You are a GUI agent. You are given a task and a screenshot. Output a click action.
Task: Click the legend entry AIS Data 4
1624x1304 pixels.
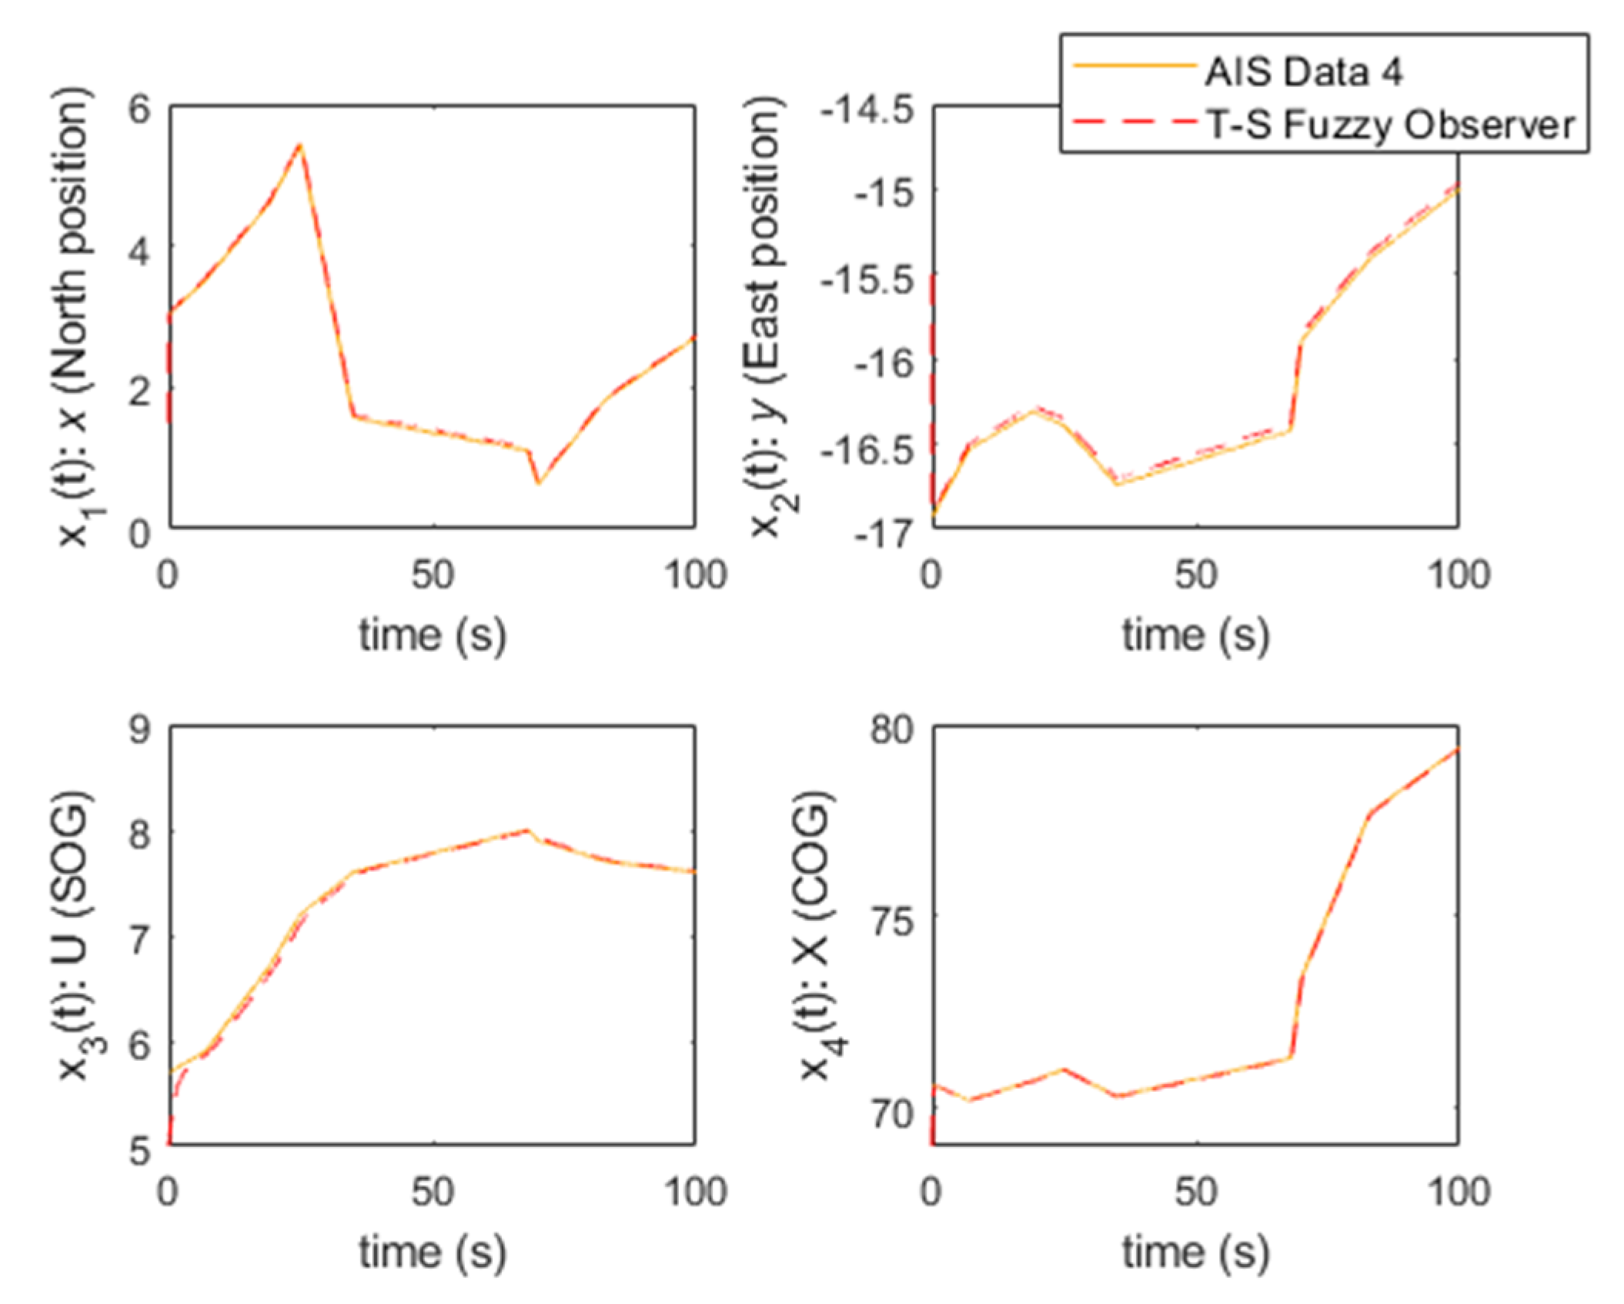tap(1302, 72)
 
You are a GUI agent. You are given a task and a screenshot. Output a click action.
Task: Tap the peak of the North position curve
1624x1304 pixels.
tap(300, 145)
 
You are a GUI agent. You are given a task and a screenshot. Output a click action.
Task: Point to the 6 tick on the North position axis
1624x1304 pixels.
tap(139, 108)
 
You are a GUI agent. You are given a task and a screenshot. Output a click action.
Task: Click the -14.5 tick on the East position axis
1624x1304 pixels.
tap(867, 110)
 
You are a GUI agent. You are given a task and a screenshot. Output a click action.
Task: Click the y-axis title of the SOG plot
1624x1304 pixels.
tap(75, 934)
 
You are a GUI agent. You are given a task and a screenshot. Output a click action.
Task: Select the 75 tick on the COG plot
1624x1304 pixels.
tap(891, 919)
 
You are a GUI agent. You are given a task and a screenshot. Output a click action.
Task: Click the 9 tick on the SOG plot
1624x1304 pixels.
tap(139, 729)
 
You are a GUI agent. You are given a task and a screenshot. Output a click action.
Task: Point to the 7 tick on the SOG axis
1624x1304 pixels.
tap(139, 939)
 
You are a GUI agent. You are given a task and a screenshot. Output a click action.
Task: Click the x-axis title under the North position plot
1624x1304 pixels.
tap(432, 635)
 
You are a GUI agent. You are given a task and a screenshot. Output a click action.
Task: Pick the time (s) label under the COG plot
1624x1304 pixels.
tap(1195, 1252)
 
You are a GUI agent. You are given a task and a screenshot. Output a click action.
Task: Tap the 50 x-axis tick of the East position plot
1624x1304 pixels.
tap(1195, 575)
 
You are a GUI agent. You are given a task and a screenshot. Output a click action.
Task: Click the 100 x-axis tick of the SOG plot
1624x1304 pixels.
tap(695, 1192)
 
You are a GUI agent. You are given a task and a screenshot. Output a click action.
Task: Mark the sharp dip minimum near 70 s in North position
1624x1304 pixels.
tap(538, 482)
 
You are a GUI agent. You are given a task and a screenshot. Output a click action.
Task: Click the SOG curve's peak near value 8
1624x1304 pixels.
tap(526, 830)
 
